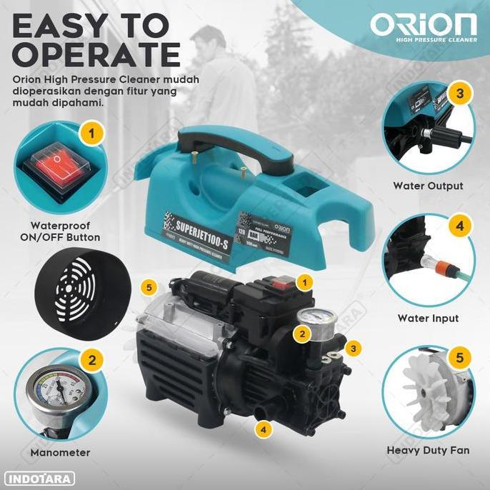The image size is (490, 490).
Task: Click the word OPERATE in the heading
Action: pyautogui.click(x=97, y=54)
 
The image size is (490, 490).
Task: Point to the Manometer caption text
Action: pyautogui.click(x=60, y=452)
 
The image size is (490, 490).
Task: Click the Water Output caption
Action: pyautogui.click(x=428, y=186)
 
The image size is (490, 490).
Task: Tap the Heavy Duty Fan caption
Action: pyautogui.click(x=428, y=451)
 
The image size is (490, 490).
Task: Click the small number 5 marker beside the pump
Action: pyautogui.click(x=149, y=287)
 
